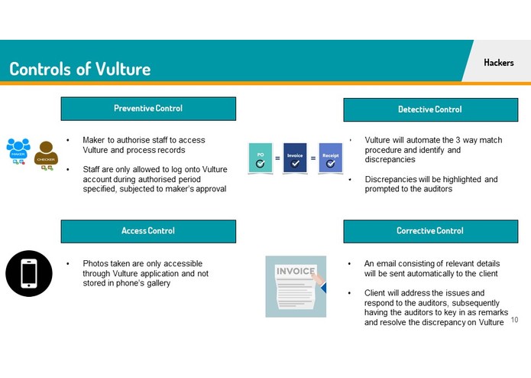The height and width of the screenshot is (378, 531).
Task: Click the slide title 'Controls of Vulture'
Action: pos(80,68)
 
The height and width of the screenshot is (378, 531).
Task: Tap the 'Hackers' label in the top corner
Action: pos(499,63)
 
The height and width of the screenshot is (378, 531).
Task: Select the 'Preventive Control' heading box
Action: pos(148,109)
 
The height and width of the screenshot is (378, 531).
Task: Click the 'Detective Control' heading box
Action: pos(429,109)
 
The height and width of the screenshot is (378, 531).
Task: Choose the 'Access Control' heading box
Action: pos(148,231)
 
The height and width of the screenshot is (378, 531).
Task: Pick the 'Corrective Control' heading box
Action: pos(429,231)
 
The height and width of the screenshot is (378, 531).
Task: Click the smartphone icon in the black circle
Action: pos(29,273)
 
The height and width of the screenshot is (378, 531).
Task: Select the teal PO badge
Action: pos(261,158)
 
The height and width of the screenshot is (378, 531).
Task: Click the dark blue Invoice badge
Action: pos(295,158)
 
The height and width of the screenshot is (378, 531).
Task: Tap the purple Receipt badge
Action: pos(330,158)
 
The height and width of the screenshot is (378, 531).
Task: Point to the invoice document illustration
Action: pos(296,286)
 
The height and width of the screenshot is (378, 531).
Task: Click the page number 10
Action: pos(514,320)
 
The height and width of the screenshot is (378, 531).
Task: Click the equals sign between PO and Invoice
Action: pos(277,158)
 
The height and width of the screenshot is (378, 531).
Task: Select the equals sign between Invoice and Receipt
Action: pos(312,158)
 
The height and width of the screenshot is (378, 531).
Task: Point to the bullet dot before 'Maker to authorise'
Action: pos(67,141)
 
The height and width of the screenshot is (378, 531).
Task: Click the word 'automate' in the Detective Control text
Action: pos(427,141)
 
